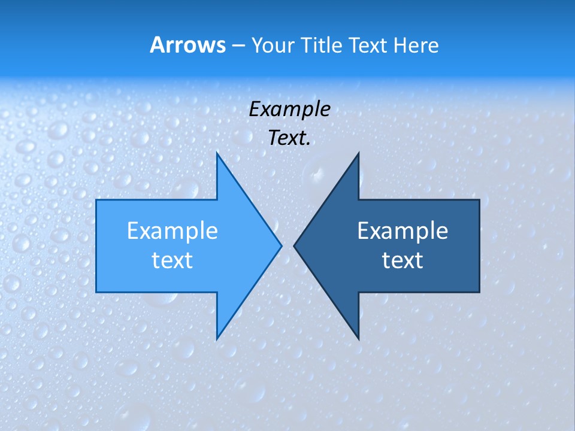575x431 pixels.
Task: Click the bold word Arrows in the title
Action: (187, 45)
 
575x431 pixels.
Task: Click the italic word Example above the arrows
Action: (289, 109)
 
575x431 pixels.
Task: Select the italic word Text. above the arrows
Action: (289, 138)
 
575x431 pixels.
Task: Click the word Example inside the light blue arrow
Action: (172, 230)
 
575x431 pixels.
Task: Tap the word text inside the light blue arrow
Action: (172, 260)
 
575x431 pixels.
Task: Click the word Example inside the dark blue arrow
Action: (402, 230)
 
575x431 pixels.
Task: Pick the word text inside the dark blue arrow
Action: (402, 260)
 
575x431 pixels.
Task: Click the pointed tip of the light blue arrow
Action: (281, 245)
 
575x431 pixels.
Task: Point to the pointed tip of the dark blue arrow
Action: (294, 245)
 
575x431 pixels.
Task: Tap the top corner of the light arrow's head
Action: (217, 153)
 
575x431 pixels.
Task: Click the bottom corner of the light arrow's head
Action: (217, 339)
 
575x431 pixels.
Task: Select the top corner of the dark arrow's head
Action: (358, 153)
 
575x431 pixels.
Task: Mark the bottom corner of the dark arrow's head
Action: (358, 339)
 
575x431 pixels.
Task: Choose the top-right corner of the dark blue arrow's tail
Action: (479, 200)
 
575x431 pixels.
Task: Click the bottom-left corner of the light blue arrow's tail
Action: (96, 292)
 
